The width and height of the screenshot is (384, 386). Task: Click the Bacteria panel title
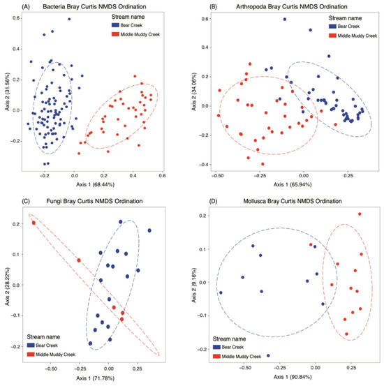[x=94, y=7]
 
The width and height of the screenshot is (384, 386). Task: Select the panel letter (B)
[x=214, y=7]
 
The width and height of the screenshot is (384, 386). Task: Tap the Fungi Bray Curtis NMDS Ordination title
[x=94, y=201]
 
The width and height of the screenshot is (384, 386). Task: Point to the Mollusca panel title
[x=293, y=201]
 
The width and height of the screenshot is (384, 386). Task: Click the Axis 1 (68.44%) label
[x=95, y=184]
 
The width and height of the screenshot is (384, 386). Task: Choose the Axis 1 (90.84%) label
[x=293, y=377]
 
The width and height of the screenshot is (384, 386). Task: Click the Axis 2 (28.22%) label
[x=7, y=287]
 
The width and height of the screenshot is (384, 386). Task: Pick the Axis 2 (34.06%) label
[x=194, y=91]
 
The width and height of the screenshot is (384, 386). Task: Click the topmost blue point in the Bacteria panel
[x=69, y=20]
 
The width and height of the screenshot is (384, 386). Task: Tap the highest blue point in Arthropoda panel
[x=285, y=20]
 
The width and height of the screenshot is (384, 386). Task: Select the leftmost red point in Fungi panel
[x=34, y=223]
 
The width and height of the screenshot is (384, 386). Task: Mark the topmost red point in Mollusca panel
[x=360, y=214]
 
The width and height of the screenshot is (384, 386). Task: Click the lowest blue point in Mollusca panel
[x=268, y=355]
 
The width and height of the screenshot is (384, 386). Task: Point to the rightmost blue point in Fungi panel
[x=149, y=230]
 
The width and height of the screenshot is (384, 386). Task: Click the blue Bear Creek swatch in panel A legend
[x=115, y=25]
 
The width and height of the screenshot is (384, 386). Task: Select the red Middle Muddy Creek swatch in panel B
[x=332, y=36]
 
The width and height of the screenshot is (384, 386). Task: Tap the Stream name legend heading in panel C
[x=43, y=336]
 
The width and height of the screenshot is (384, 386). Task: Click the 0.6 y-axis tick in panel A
[x=16, y=18]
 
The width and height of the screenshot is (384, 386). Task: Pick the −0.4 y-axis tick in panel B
[x=203, y=165]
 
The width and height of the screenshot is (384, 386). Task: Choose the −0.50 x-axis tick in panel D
[x=246, y=368]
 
